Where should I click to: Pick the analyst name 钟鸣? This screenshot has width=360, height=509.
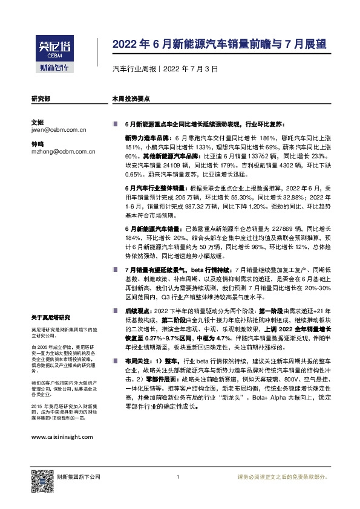point(37,144)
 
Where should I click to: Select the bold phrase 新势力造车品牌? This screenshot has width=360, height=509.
point(143,138)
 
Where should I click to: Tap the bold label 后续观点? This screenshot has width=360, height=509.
point(137,309)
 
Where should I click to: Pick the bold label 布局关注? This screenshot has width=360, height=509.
point(137,360)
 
